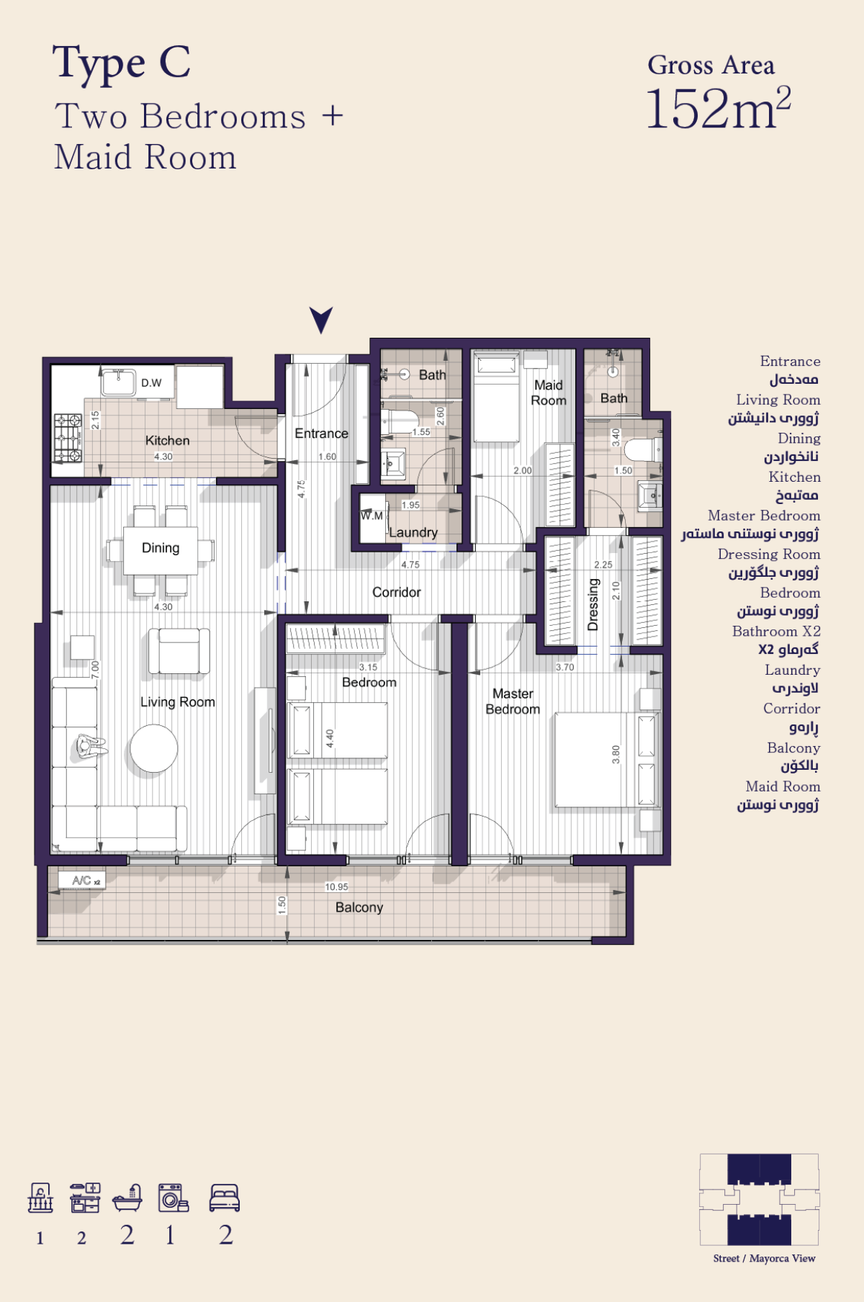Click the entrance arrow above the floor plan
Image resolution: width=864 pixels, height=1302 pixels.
pyautogui.click(x=321, y=319)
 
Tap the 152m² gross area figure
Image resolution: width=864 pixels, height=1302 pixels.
pyautogui.click(x=718, y=109)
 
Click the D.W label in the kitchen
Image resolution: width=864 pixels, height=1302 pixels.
pyautogui.click(x=151, y=383)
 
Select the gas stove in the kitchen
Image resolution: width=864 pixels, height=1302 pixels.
pyautogui.click(x=68, y=438)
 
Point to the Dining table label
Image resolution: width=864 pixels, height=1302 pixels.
pyautogui.click(x=161, y=548)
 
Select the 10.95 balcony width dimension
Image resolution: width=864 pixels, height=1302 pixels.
pyautogui.click(x=336, y=887)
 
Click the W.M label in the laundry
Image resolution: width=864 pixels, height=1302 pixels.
pyautogui.click(x=372, y=516)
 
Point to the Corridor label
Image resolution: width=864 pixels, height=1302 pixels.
pyautogui.click(x=397, y=592)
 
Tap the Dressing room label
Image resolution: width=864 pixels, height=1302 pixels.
pyautogui.click(x=593, y=605)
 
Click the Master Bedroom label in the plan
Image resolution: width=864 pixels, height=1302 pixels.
pyautogui.click(x=513, y=701)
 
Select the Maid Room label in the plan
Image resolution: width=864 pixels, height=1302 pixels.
pyautogui.click(x=549, y=392)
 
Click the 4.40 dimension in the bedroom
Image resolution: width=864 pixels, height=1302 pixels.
pyautogui.click(x=330, y=738)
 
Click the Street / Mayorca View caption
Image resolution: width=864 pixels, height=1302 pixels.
pyautogui.click(x=764, y=1259)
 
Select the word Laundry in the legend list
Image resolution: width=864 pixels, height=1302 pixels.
pyautogui.click(x=793, y=670)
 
